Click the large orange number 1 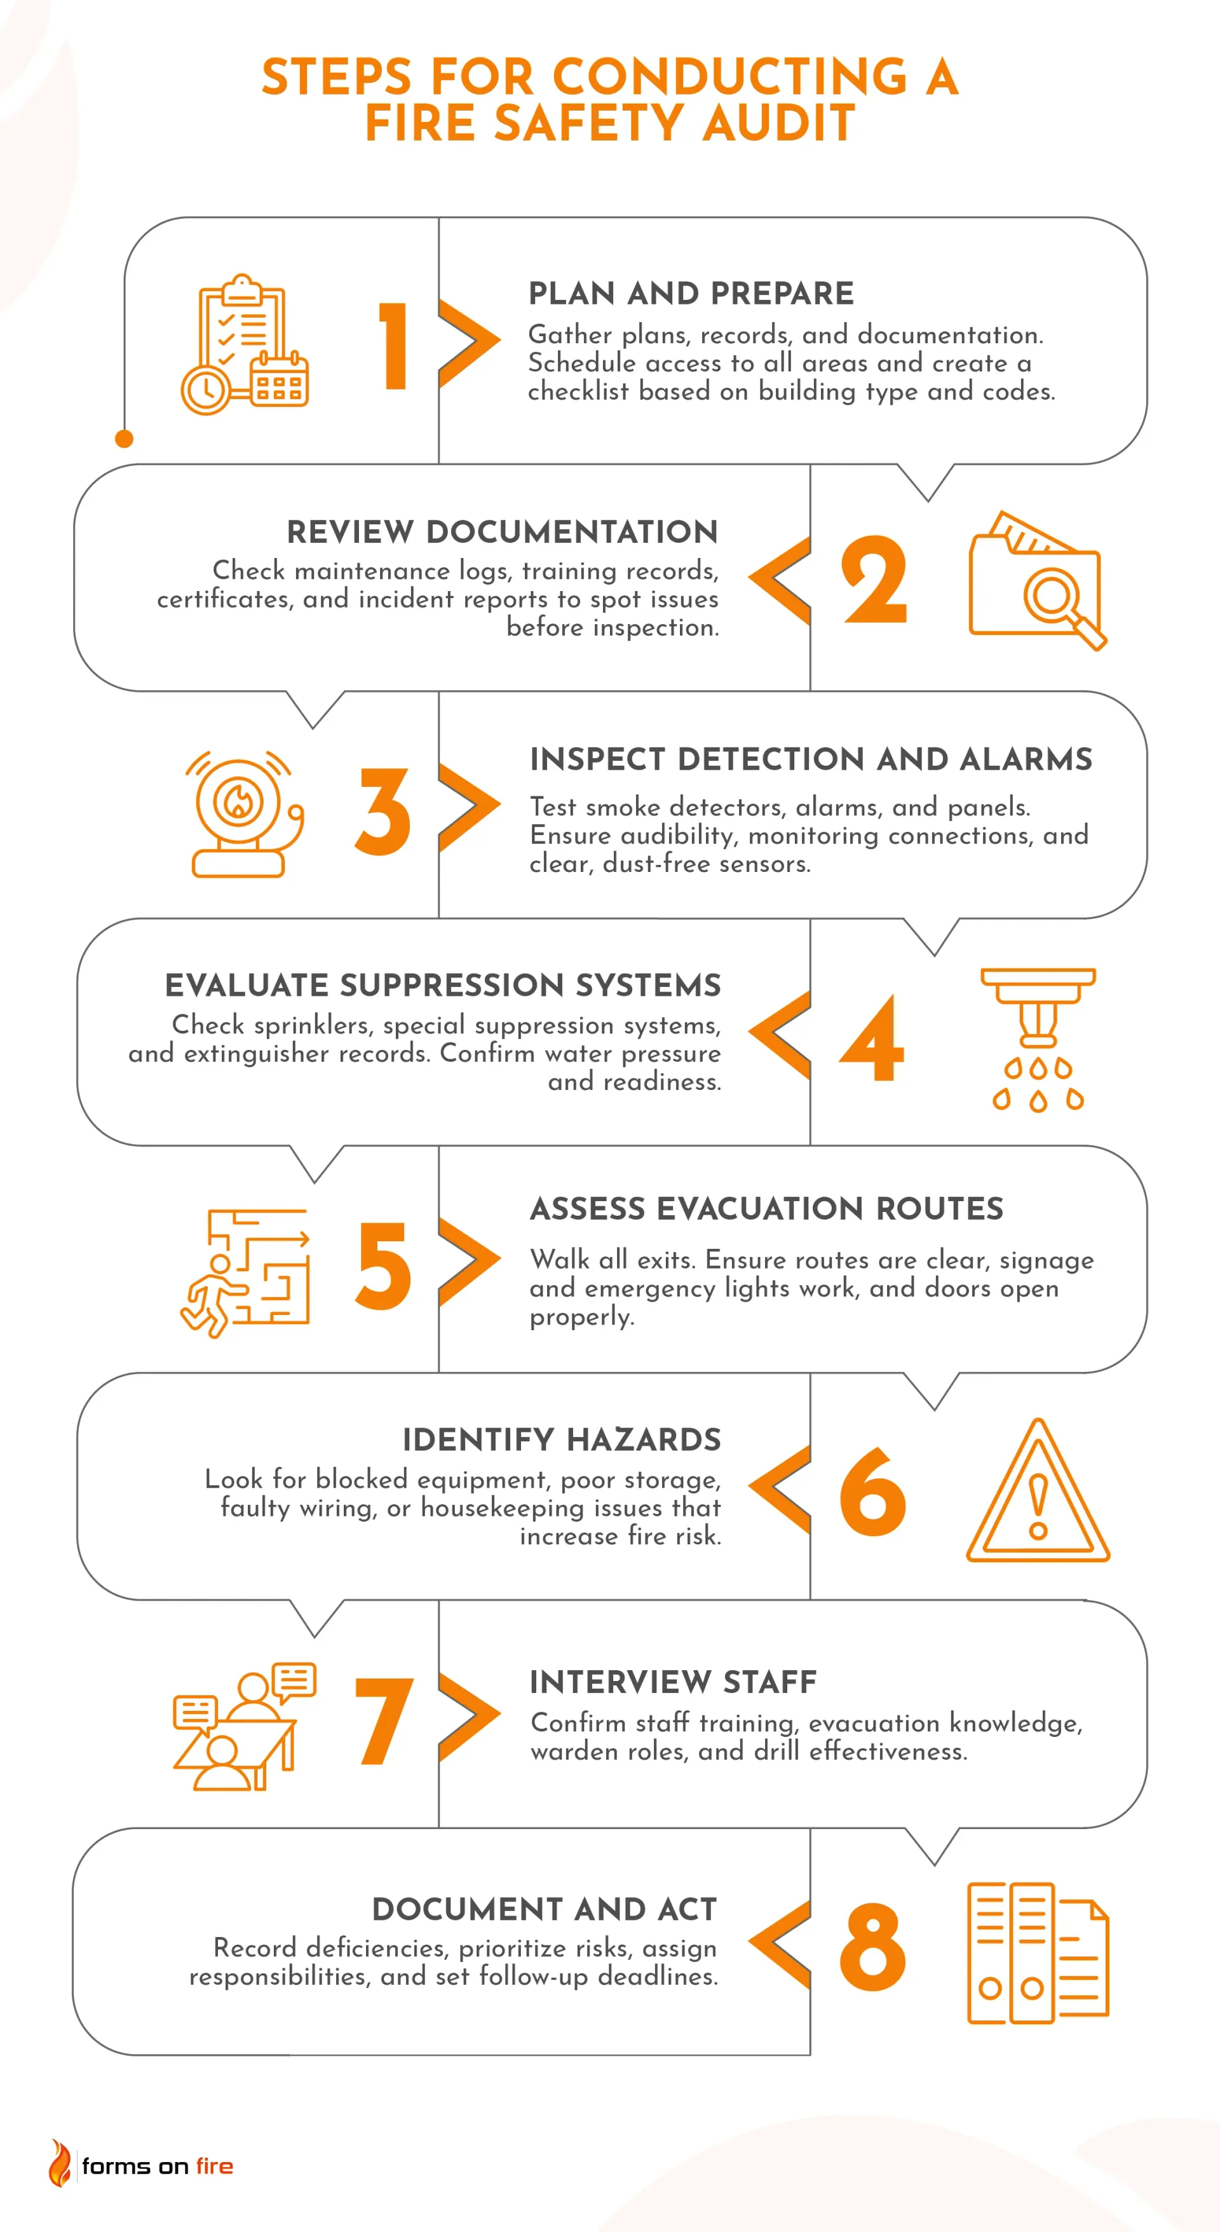393,346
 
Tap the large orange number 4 872,1037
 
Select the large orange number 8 872,1946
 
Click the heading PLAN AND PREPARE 691,294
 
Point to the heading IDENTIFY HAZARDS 562,1439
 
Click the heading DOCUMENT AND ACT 545,1909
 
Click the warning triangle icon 1038,1491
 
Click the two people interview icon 245,1726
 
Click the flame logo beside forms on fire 60,2163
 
